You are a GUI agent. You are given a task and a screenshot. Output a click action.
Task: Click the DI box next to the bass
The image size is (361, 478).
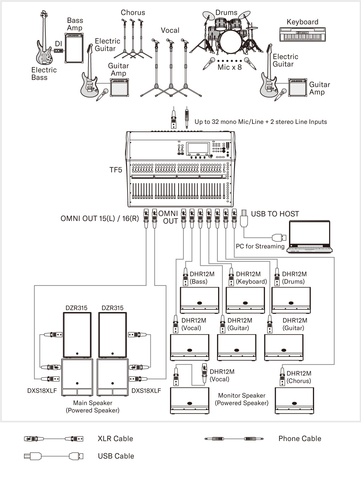[x=58, y=51]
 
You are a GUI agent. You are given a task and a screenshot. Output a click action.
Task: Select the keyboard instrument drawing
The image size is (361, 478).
[x=302, y=34]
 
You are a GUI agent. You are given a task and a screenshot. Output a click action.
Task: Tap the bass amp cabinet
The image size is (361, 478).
[x=74, y=48]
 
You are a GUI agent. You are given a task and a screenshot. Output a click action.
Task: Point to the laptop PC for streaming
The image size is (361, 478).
[x=310, y=237]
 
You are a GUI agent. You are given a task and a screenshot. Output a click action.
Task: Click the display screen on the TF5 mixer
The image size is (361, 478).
[x=198, y=148]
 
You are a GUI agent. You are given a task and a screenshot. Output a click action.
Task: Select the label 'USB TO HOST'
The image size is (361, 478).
[x=275, y=214]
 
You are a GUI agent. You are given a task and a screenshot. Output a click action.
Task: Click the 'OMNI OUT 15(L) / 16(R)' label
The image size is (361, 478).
[x=100, y=219]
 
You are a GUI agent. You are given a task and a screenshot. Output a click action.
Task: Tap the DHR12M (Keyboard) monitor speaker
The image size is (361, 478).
[x=245, y=300]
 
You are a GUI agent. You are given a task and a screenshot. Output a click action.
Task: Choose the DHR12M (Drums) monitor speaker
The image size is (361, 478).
[x=291, y=300]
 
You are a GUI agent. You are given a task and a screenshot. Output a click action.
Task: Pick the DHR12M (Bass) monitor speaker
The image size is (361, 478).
[x=199, y=300]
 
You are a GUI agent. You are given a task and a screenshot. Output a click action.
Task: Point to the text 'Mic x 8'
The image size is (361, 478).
[x=230, y=67]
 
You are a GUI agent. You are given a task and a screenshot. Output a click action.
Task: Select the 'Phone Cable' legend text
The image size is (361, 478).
[x=300, y=439]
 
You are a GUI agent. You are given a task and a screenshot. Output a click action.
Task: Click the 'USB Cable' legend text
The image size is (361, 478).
[x=116, y=456]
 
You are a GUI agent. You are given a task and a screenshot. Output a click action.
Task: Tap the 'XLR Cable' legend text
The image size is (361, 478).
[x=115, y=439]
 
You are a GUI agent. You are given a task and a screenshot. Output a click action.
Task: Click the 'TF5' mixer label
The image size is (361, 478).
[x=116, y=170]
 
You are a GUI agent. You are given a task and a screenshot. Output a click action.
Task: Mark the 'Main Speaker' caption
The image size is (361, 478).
[x=93, y=403]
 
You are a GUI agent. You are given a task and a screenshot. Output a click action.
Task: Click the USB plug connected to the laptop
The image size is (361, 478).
[x=279, y=237]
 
